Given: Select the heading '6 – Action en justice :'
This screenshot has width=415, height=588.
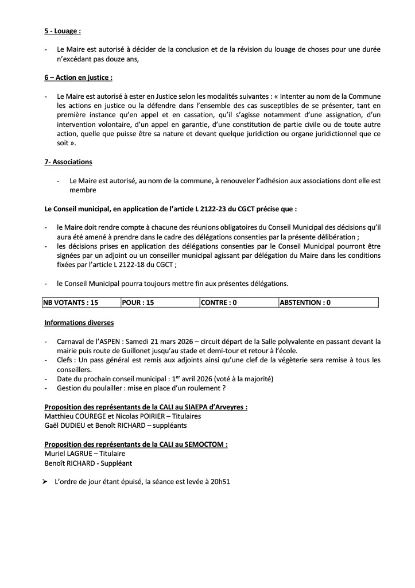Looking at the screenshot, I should pyautogui.click(x=79, y=77).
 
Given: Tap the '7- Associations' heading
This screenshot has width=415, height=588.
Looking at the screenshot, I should pyautogui.click(x=68, y=162).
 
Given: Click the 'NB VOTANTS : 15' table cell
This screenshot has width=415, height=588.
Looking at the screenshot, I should pyautogui.click(x=71, y=302).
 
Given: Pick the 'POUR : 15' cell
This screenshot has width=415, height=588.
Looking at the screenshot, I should pyautogui.click(x=138, y=302).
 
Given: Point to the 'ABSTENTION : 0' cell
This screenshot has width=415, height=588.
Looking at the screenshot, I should pyautogui.click(x=305, y=302).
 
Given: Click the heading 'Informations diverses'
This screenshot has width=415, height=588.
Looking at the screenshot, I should pyautogui.click(x=79, y=323).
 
